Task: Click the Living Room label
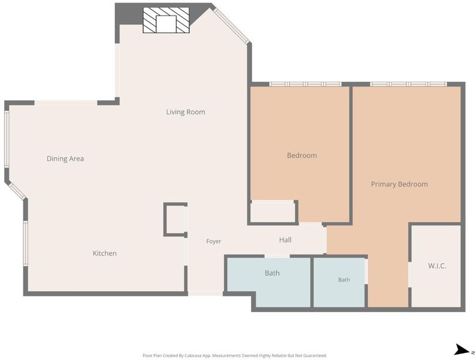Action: [186, 112]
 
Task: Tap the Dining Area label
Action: [65, 158]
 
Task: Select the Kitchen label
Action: [104, 253]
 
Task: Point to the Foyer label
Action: [214, 241]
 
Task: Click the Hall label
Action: [285, 240]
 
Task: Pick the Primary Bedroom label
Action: [399, 184]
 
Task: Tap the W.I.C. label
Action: [437, 266]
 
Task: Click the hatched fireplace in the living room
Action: [166, 20]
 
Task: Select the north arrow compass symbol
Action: [462, 350]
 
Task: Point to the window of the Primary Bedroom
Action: [408, 84]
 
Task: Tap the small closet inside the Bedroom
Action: [273, 211]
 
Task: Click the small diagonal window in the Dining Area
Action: [17, 191]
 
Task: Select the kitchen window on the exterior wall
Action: [25, 244]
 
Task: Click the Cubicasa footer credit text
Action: [235, 355]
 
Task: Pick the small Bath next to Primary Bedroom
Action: [339, 282]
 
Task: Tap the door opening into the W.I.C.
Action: [410, 274]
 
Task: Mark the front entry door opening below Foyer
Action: [206, 293]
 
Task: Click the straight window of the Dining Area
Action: [7, 139]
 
